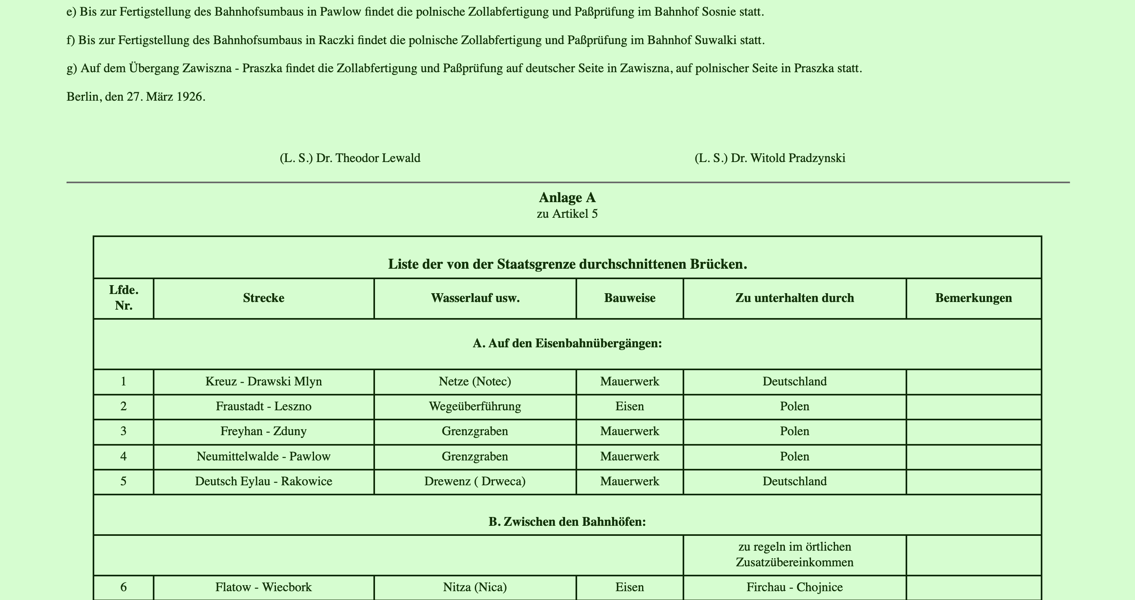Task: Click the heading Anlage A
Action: (x=567, y=198)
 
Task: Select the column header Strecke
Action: (x=263, y=298)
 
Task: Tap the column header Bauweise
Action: (x=630, y=298)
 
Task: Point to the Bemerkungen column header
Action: (x=973, y=298)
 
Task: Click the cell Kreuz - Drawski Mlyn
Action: (x=263, y=381)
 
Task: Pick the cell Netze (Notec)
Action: (x=475, y=381)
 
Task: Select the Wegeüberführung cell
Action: (x=475, y=406)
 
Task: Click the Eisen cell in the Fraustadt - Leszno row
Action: (x=630, y=406)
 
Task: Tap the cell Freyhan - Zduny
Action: (x=263, y=431)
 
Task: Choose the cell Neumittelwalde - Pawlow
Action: (x=263, y=456)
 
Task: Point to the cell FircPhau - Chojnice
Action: (x=794, y=587)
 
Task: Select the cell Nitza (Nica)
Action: (x=475, y=587)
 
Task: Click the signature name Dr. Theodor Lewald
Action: (x=368, y=158)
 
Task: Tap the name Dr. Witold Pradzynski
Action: (x=788, y=158)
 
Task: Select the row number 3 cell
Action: (x=124, y=431)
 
